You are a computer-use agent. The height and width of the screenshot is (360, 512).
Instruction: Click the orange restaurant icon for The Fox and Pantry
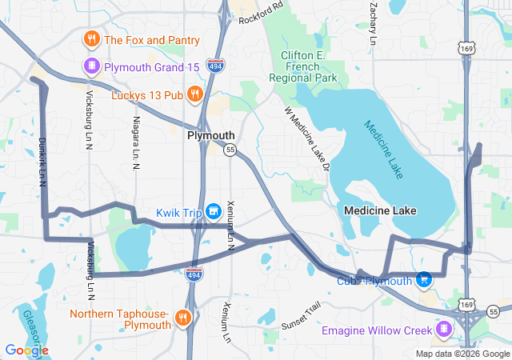(92, 39)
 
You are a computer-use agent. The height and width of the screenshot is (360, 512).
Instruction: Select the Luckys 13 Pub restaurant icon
(195, 96)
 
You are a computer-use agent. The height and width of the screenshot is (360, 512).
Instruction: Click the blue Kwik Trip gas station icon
(213, 211)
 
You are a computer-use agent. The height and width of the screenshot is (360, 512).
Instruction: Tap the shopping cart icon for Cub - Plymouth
(424, 280)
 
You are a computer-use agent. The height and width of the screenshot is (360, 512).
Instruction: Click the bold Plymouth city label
(210, 136)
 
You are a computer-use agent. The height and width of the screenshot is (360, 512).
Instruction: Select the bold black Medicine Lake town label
(380, 210)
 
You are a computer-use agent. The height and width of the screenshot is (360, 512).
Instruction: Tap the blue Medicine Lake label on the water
(385, 149)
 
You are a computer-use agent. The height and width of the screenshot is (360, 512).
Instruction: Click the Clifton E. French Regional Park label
(308, 67)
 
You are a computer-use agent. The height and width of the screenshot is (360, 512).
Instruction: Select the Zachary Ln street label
(373, 22)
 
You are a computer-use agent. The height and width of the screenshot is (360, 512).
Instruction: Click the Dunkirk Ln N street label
(42, 162)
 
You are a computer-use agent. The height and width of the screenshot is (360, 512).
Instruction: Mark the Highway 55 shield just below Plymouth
(230, 150)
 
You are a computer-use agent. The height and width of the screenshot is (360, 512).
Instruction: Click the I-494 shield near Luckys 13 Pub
(214, 66)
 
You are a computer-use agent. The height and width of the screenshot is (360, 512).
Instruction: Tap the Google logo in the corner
(26, 350)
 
